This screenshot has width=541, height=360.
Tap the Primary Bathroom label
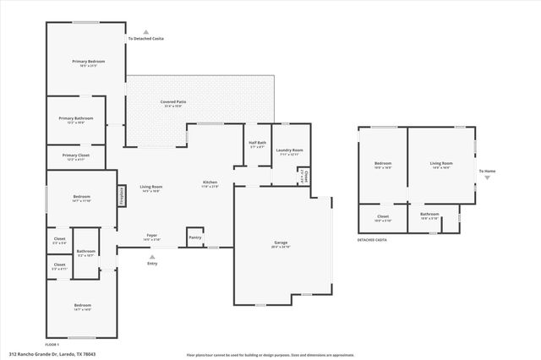coord(75,118)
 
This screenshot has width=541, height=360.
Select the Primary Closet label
coord(75,155)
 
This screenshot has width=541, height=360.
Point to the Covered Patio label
coord(173,101)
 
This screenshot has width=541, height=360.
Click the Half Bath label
coord(257,143)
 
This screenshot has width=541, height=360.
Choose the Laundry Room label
coord(289,150)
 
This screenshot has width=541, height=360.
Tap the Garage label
coord(281,243)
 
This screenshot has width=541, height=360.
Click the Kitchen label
coord(210,183)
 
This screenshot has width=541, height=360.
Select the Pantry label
coord(195,237)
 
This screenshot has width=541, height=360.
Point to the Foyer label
coord(152,235)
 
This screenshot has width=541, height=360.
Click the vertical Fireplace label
coord(121,195)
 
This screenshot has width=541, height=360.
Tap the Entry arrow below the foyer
coord(152,255)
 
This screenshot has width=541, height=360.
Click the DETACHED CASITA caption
coord(373,240)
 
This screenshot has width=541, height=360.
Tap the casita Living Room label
coord(441,163)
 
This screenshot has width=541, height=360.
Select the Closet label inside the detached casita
coord(382,215)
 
